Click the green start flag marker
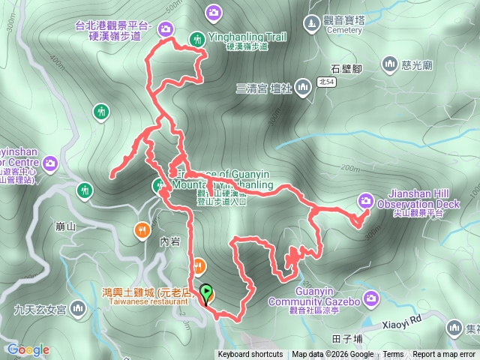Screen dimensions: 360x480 (x=207, y=295)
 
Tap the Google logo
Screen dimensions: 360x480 (x=28, y=349)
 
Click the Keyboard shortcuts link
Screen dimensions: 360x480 (x=250, y=355)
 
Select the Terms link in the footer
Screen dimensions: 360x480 (x=392, y=355)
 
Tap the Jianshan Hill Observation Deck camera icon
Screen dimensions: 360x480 (x=366, y=200)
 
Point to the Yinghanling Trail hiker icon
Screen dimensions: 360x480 (x=197, y=38)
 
